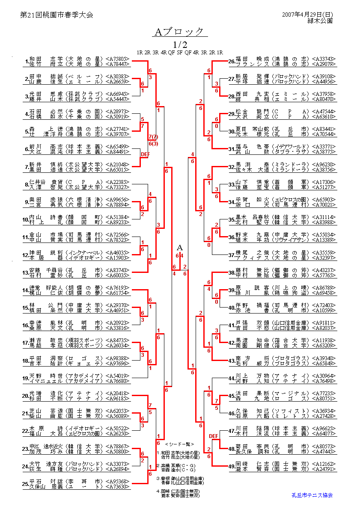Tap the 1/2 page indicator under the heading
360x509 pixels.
click(x=180, y=44)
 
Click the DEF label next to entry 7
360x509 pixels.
click(x=145, y=154)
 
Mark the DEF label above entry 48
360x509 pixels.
click(x=214, y=436)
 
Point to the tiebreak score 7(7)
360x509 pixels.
click(x=153, y=136)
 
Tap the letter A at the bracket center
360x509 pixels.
click(x=180, y=248)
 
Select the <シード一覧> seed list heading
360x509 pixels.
click(x=179, y=444)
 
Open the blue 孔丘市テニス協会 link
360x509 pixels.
click(x=312, y=495)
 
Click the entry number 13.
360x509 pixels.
click(x=26, y=272)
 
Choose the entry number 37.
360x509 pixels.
click(x=231, y=255)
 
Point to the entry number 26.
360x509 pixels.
click(x=231, y=61)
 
